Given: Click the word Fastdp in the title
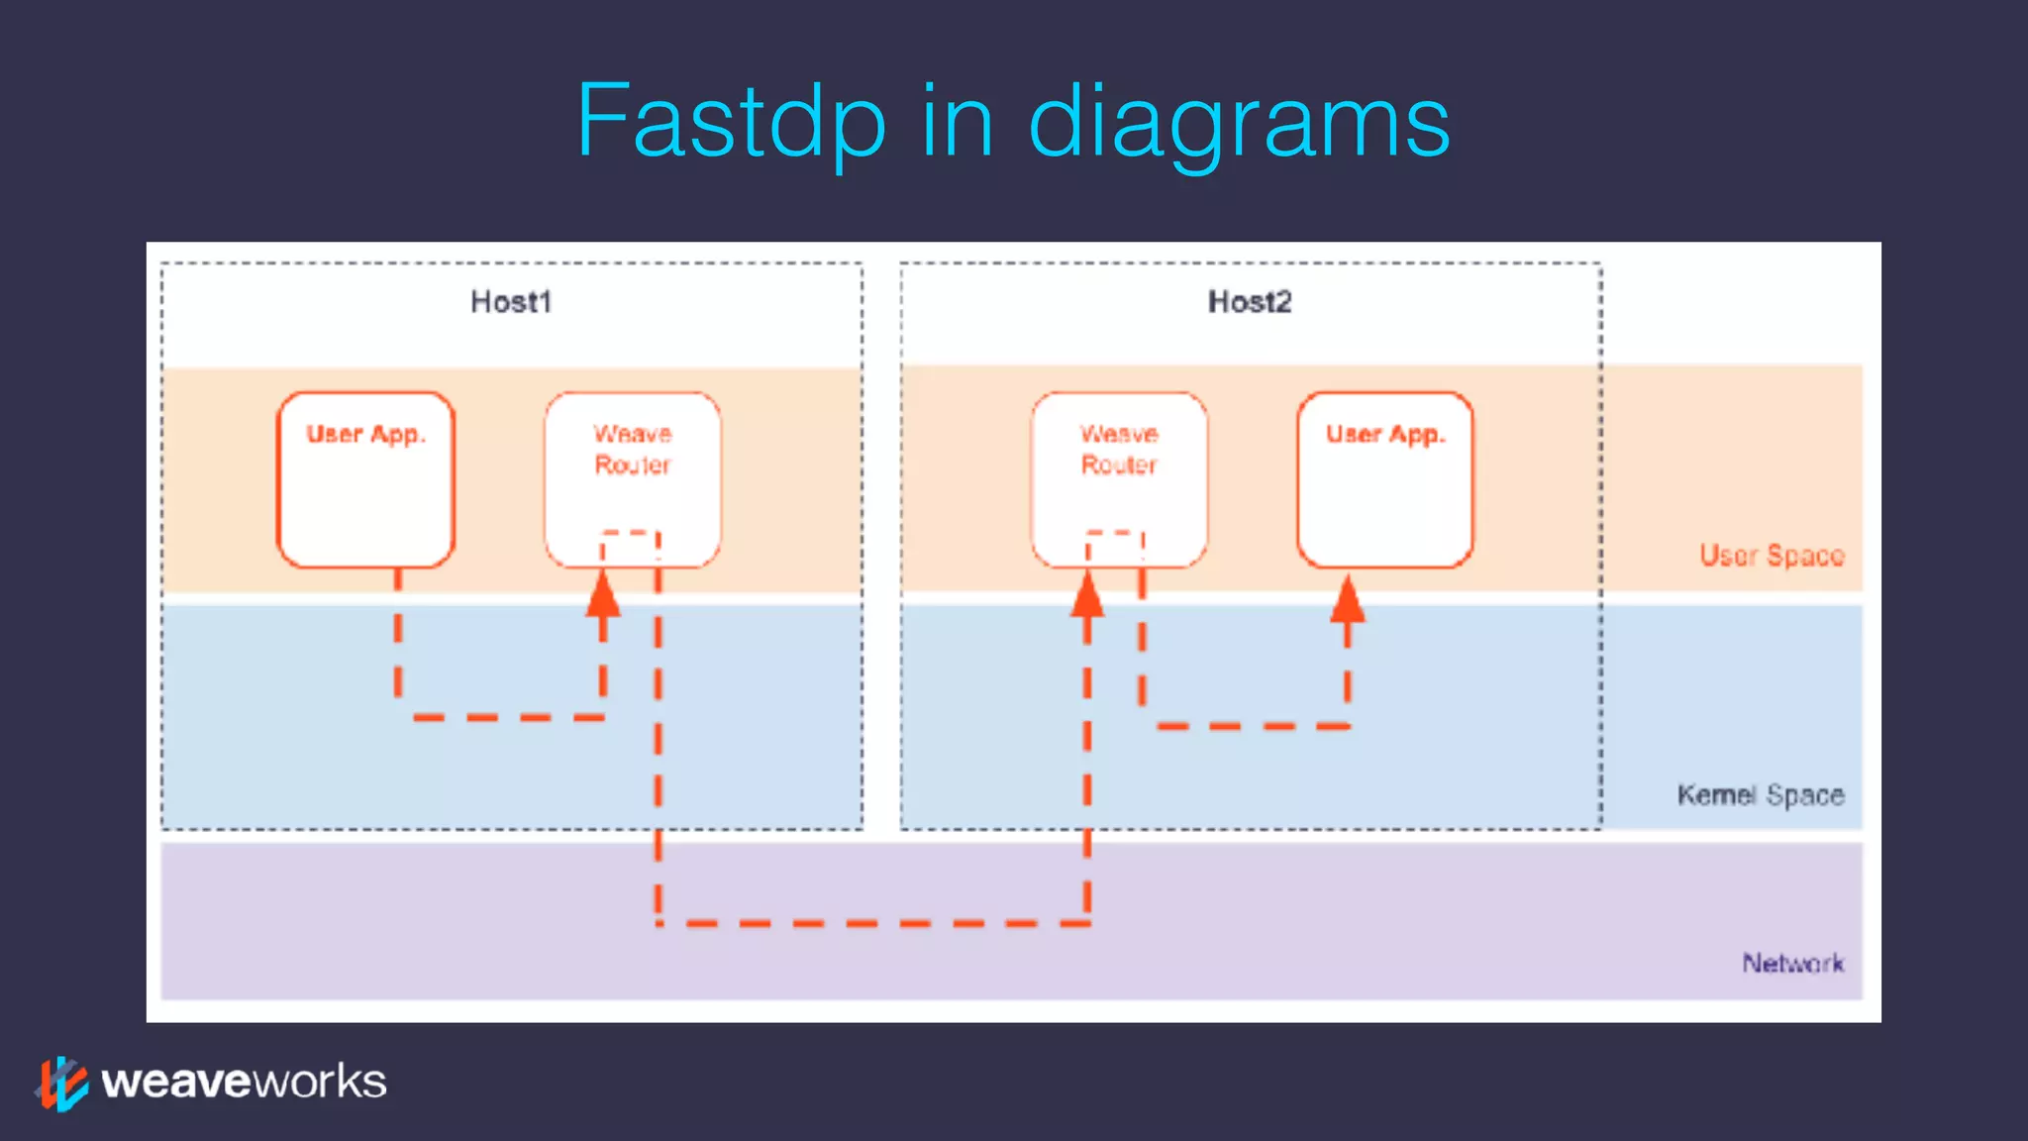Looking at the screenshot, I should (731, 121).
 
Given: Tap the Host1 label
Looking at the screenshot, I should (510, 301).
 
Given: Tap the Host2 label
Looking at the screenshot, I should (1249, 301).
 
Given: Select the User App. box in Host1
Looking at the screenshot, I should (365, 480).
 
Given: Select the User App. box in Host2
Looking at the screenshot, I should (1384, 480).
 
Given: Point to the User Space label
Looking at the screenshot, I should (1771, 556).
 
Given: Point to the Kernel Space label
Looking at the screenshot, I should (1760, 795).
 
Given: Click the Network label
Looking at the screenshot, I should (1792, 963).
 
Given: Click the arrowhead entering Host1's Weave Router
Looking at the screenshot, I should (603, 595).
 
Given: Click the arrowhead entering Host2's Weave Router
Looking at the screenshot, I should (1087, 595).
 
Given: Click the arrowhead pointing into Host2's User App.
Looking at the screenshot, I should (1347, 600).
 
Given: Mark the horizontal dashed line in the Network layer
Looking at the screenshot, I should (871, 923).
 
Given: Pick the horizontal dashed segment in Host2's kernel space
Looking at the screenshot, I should (1253, 726).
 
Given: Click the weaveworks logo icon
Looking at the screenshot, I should (62, 1083).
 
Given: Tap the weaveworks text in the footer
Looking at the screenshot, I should (244, 1082).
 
